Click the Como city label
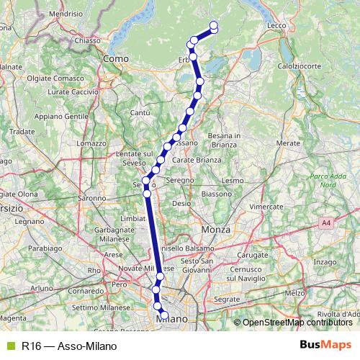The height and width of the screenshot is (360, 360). coord(115,58)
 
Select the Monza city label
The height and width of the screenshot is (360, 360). coord(215,228)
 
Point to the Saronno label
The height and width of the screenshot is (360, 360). coord(91,197)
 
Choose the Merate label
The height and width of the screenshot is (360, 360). coord(287,143)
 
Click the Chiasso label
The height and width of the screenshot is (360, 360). coord(86,41)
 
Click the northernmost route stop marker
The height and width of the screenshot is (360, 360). coord(214,27)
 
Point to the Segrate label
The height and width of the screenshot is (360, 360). coord(227,297)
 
